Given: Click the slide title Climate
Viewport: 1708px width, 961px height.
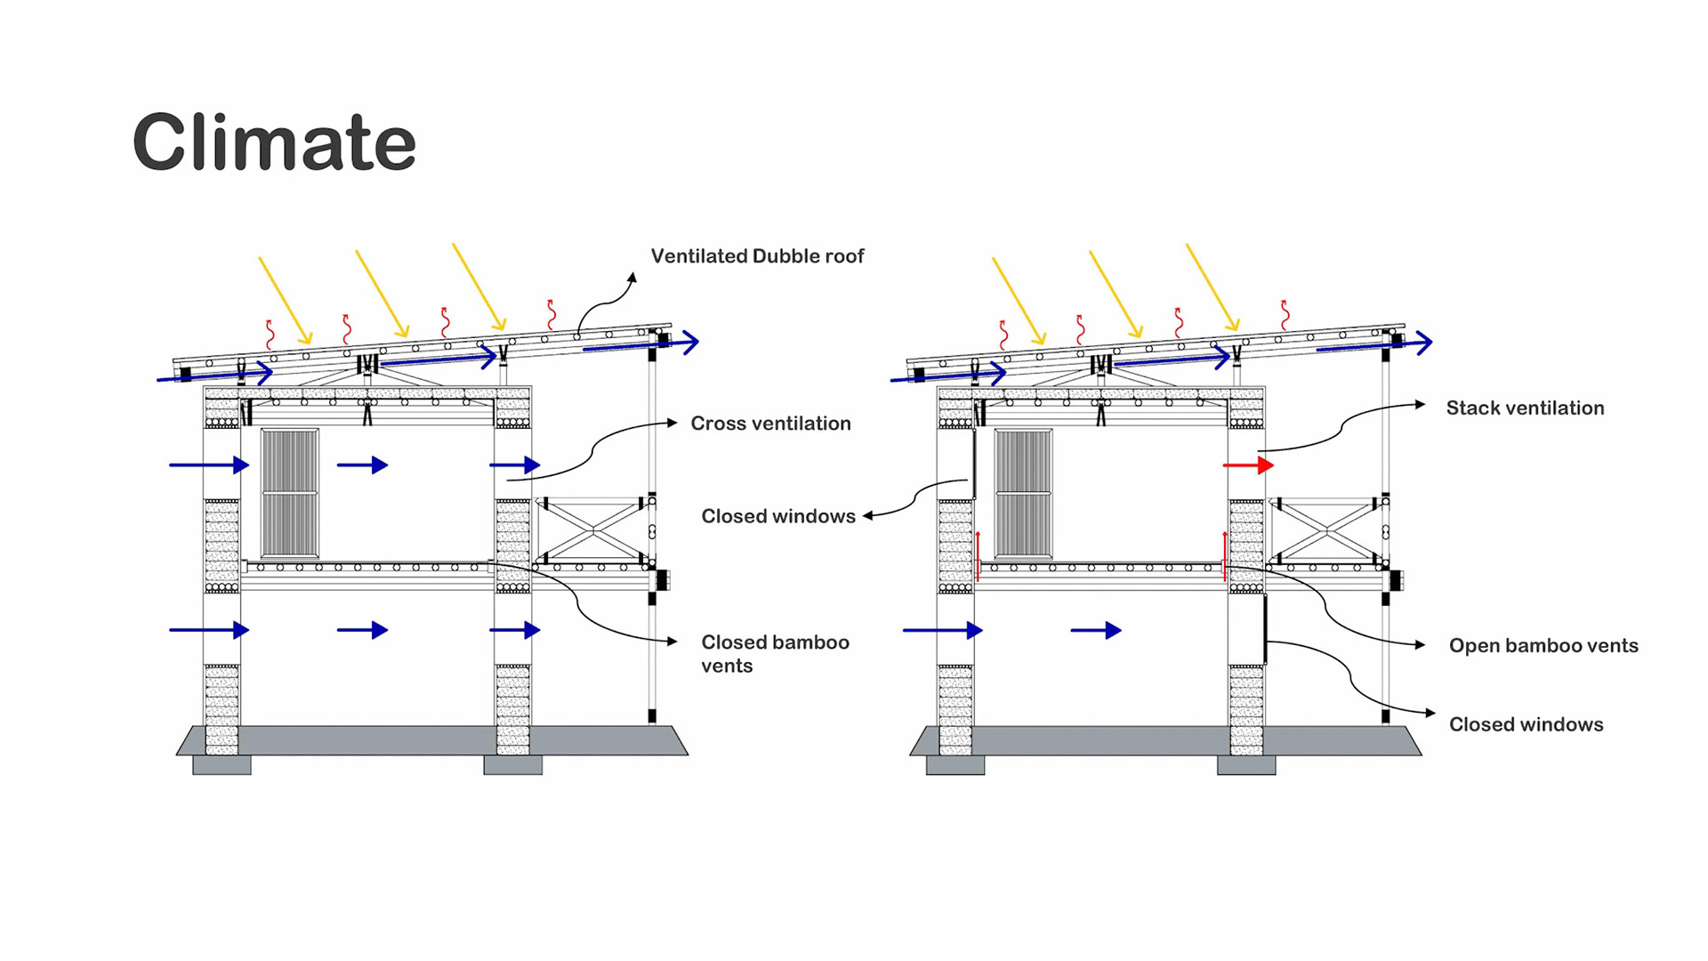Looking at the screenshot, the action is tap(274, 142).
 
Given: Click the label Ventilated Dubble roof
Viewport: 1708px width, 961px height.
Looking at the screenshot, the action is tap(757, 256).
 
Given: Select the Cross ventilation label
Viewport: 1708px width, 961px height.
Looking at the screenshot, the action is tap(770, 424).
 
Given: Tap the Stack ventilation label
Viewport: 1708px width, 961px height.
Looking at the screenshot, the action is tap(1525, 408).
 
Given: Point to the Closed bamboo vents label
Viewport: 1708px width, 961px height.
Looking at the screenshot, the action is tap(775, 654).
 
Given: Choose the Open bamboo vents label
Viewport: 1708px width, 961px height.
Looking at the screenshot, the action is tap(1543, 646).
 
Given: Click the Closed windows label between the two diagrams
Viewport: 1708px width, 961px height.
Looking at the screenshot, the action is tap(778, 516).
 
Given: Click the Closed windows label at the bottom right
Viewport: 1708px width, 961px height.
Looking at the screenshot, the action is tap(1526, 724).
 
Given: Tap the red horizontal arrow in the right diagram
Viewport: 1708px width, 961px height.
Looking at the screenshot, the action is tap(1248, 465).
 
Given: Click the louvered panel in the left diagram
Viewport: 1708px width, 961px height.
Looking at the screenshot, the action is tap(290, 494).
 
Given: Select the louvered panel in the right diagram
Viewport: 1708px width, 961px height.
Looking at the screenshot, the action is tap(1023, 494).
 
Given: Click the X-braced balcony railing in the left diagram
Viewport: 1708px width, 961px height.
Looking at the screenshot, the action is tap(593, 530).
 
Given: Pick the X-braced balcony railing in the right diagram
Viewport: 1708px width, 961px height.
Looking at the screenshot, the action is tap(1326, 530).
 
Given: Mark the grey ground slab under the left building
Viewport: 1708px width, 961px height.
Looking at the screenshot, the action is tap(432, 740).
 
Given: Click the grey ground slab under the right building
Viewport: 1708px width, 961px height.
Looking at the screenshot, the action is tap(1165, 740).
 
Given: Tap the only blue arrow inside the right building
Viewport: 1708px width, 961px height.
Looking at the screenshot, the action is tap(1096, 631).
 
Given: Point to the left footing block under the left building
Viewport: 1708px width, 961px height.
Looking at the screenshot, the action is tap(222, 765).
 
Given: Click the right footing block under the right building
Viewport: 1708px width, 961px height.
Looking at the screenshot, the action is tap(1246, 765).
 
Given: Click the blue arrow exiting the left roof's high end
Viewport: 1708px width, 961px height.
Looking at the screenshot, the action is tap(641, 344).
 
